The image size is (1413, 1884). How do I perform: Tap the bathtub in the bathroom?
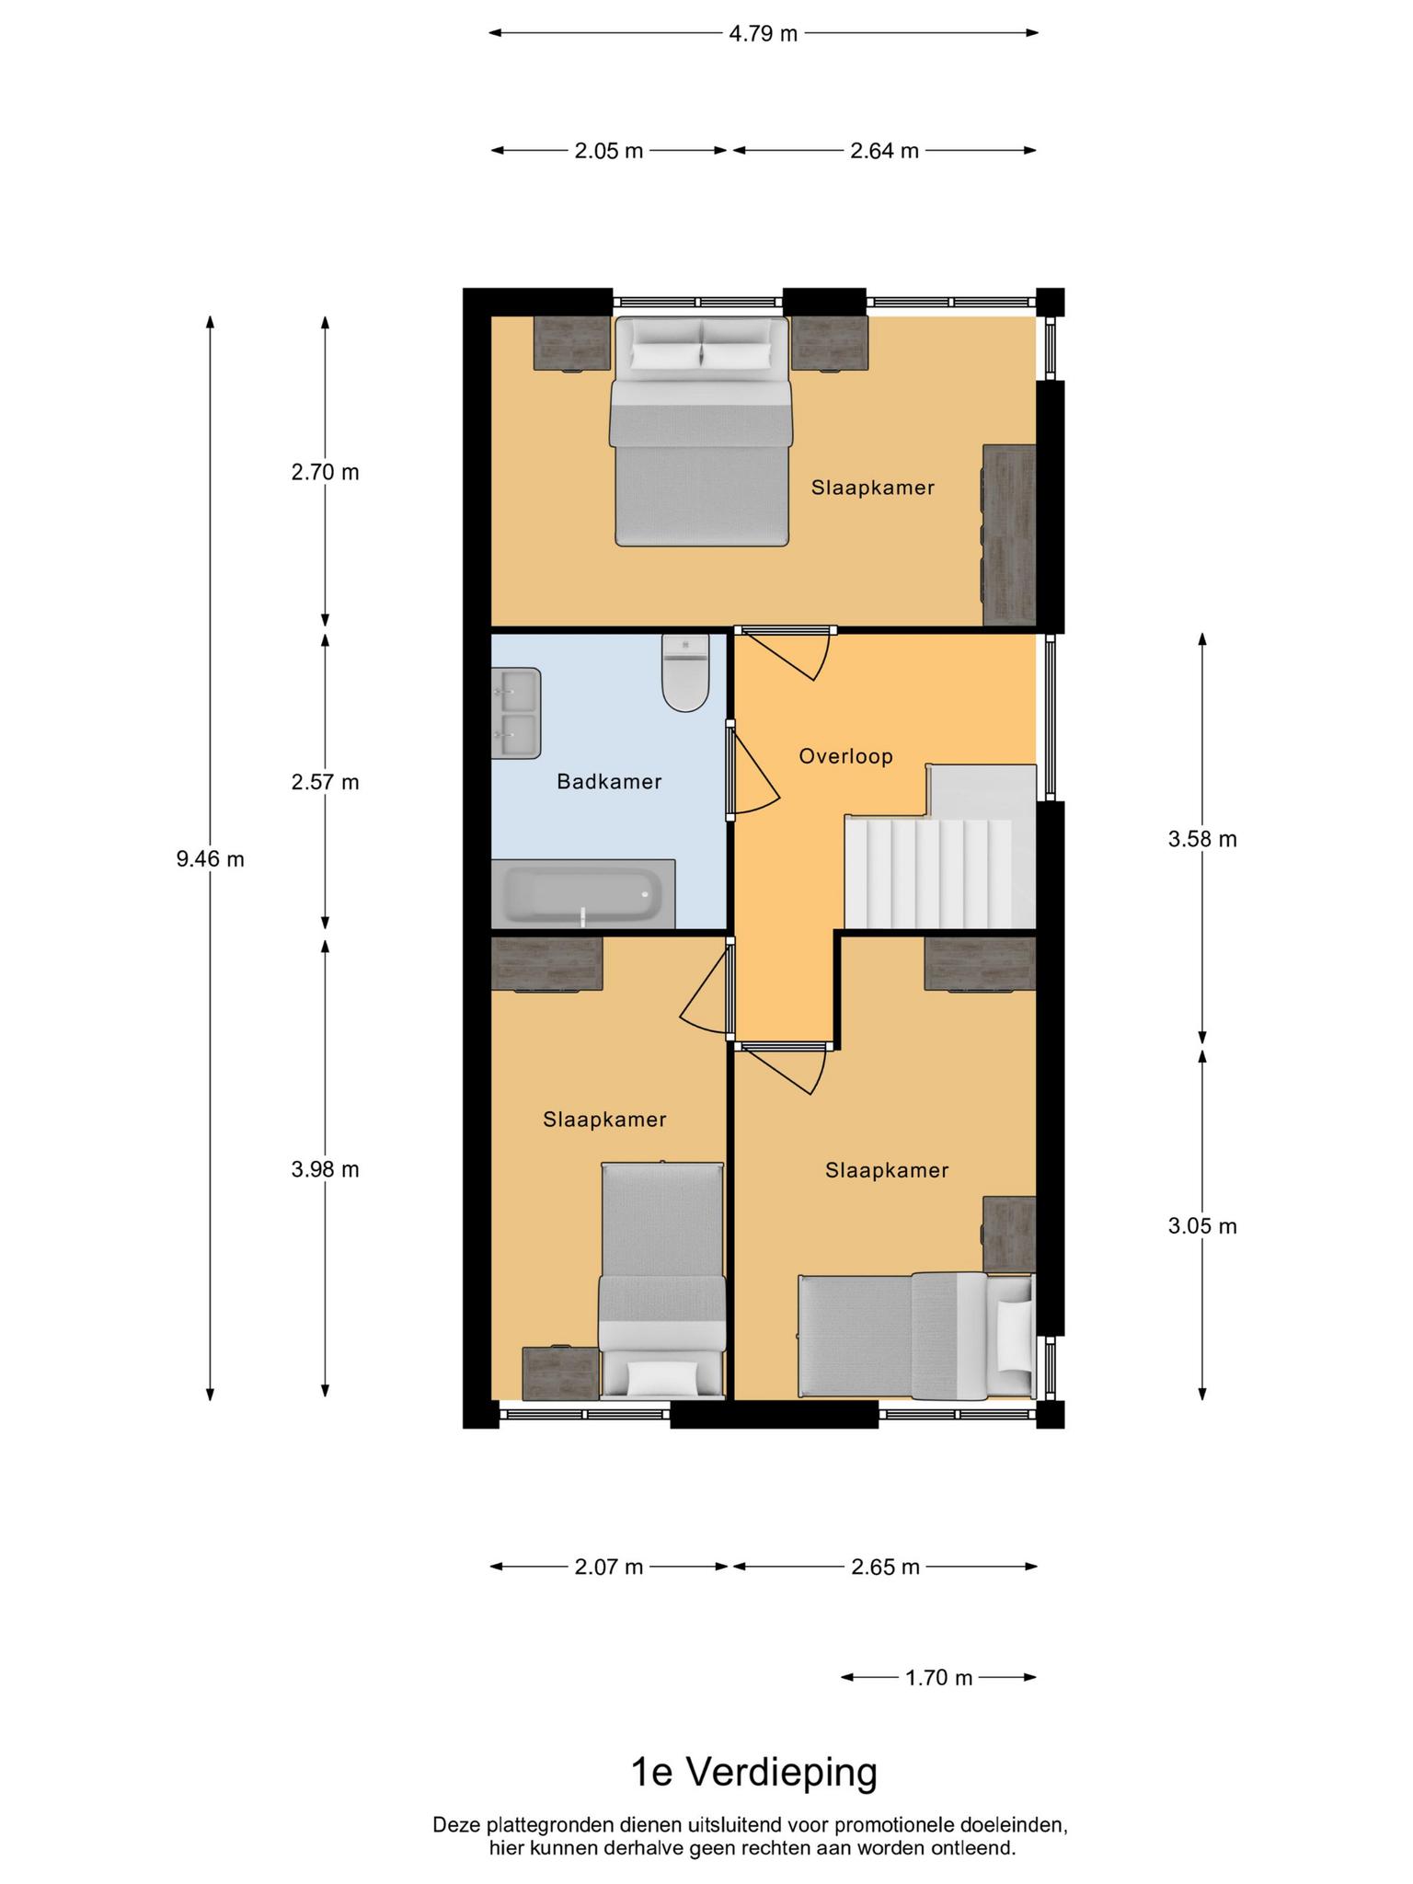(582, 894)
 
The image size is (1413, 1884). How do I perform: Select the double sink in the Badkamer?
(515, 713)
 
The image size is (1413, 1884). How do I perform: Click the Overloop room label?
(845, 756)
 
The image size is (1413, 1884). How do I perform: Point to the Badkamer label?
(609, 782)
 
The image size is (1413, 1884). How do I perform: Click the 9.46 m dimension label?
(210, 859)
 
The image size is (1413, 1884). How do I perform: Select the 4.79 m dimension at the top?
(763, 34)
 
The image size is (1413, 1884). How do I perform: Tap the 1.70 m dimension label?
(938, 1678)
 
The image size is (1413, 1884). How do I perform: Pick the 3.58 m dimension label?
(1201, 839)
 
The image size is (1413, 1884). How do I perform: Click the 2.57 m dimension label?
(325, 782)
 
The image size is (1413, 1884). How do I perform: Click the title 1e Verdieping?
(753, 1772)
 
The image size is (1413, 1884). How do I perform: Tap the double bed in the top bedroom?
(701, 431)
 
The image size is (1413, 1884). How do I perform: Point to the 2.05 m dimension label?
(609, 151)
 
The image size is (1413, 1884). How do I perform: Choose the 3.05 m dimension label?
(1201, 1226)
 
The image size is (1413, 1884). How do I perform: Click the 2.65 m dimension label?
(885, 1567)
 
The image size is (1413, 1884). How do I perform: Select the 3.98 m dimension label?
(325, 1169)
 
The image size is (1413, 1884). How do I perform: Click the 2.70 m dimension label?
(325, 472)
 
